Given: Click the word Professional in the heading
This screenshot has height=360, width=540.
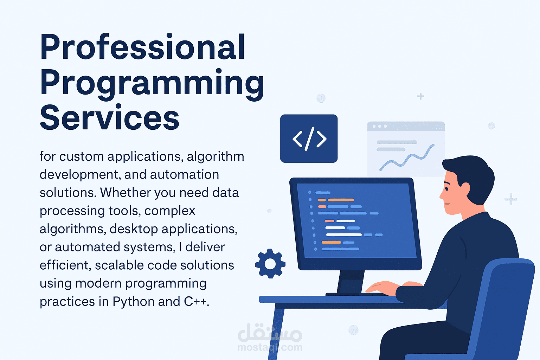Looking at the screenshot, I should point(142,47).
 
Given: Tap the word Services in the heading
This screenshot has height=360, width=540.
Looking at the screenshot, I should point(109,118).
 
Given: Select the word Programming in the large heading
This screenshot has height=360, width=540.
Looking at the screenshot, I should point(152,83).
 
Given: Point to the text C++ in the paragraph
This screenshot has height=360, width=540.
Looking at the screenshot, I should point(195,302).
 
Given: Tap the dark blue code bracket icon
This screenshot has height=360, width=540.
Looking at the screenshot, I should point(309,139).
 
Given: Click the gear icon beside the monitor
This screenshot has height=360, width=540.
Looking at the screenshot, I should point(270,264).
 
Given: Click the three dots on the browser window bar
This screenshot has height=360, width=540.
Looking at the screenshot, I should point(380,126).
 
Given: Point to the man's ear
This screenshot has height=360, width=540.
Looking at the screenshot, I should point(465,188).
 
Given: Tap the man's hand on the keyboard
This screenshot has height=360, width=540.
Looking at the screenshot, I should point(381,288).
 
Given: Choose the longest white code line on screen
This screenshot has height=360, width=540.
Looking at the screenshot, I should point(343,234).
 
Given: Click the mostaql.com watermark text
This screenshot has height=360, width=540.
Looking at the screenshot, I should point(270,347).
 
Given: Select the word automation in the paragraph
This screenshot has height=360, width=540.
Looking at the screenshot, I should point(184,175).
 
